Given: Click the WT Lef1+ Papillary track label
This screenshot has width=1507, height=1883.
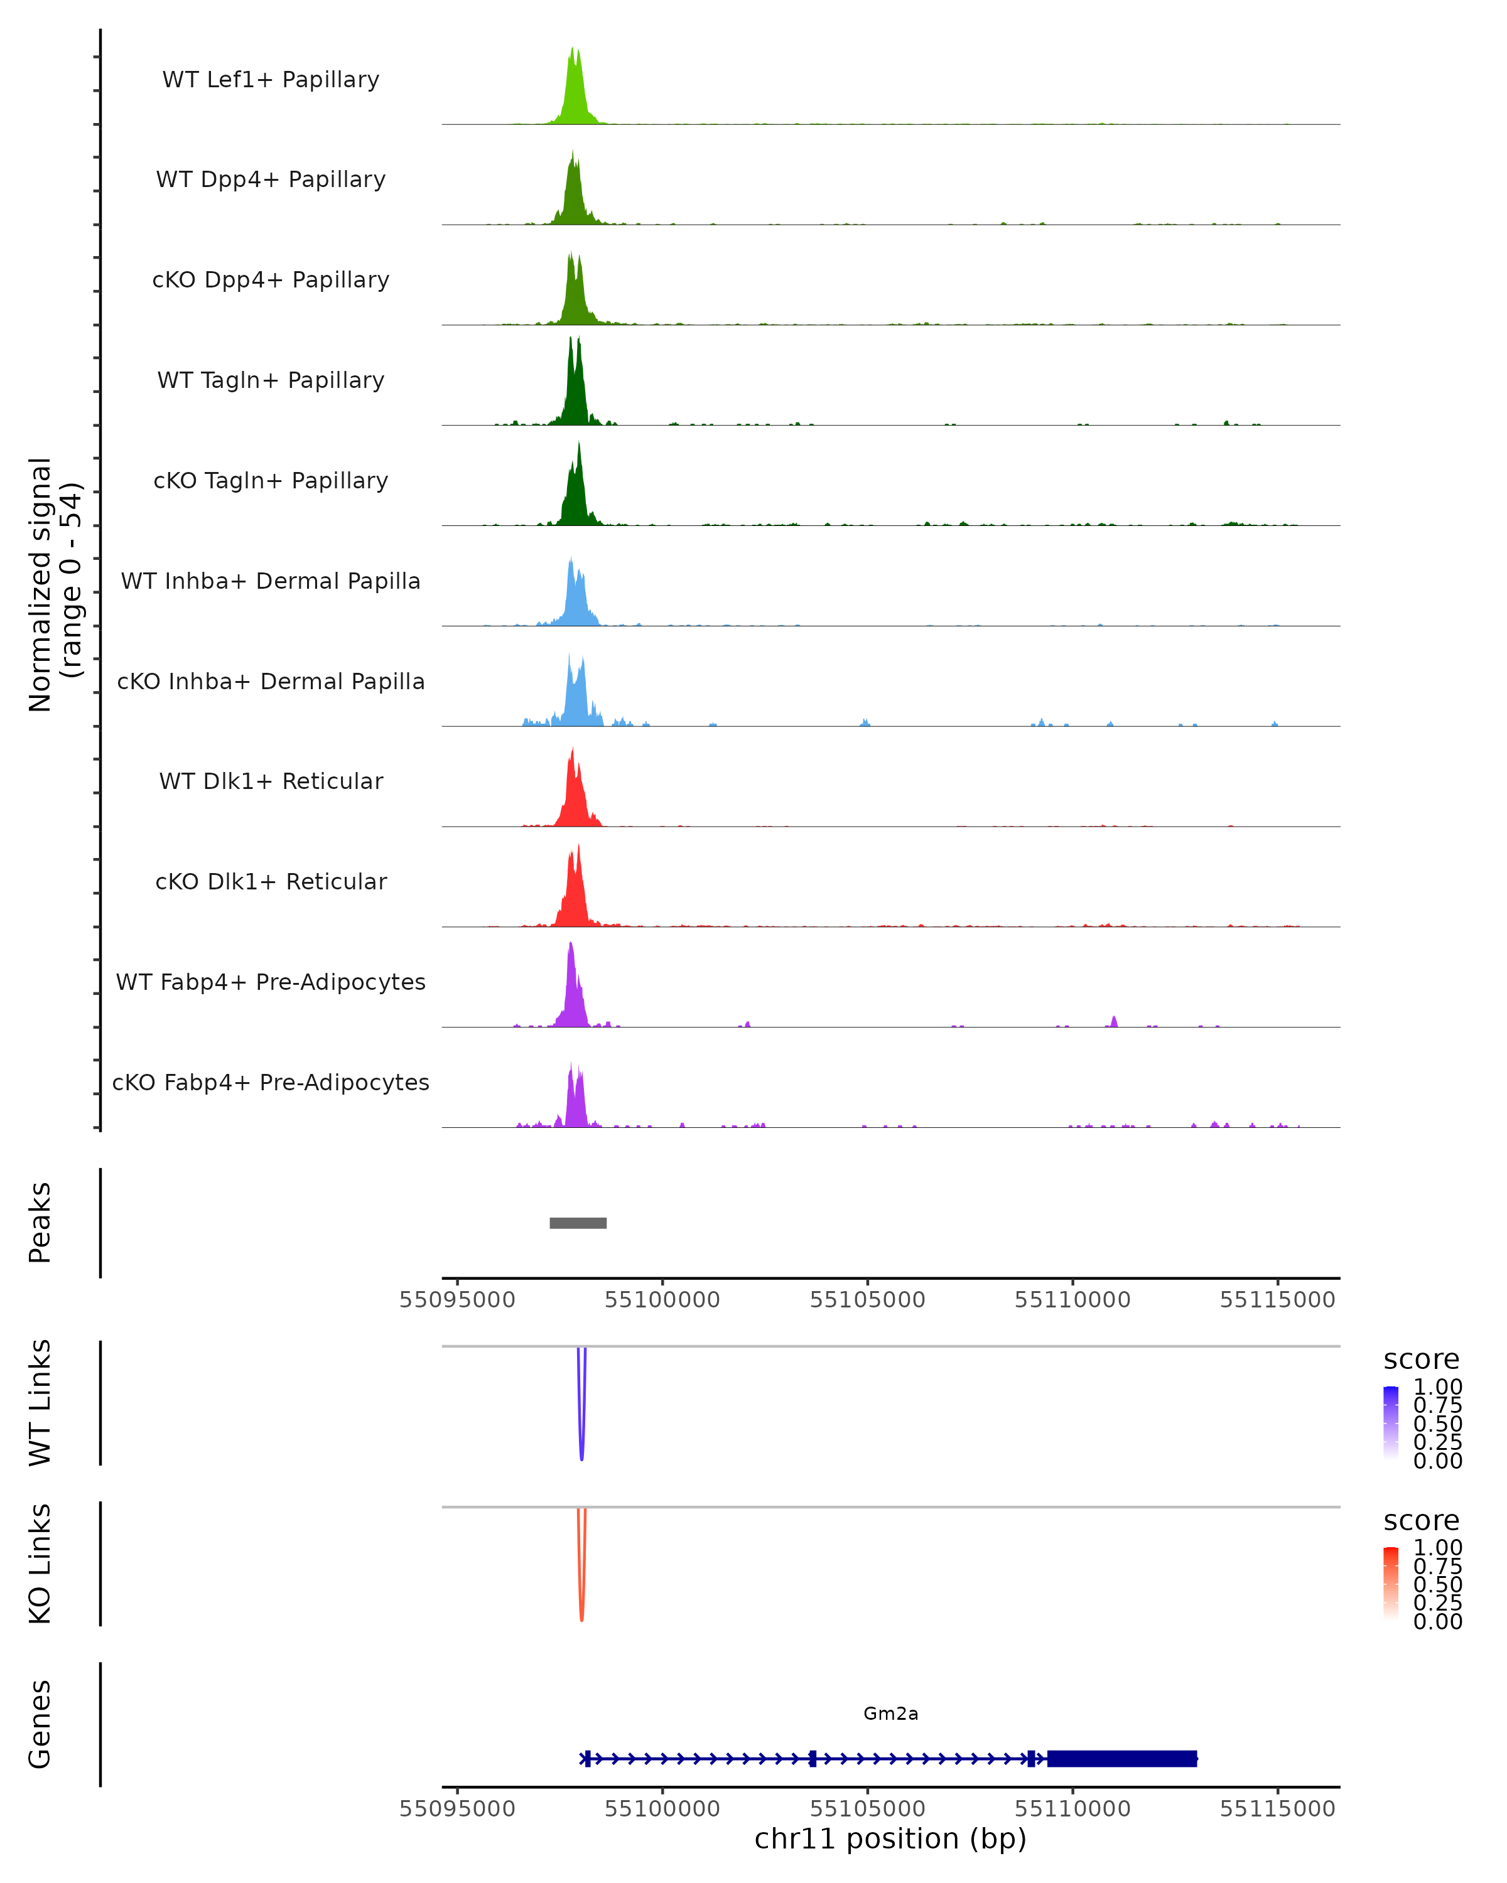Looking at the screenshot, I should (271, 80).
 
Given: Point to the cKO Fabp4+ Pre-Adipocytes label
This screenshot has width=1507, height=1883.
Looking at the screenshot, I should (271, 1082).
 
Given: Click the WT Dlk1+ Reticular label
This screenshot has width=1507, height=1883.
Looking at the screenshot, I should (271, 781).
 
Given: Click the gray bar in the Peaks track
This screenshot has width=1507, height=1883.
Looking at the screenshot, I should (578, 1223).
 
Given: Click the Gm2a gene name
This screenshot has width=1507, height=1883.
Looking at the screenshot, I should (890, 1714).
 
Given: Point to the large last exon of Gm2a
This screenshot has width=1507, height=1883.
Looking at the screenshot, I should (1121, 1758).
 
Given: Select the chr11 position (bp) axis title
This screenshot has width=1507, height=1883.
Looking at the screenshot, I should (890, 1838).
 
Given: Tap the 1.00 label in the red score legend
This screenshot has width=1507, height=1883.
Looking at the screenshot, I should (1438, 1547).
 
